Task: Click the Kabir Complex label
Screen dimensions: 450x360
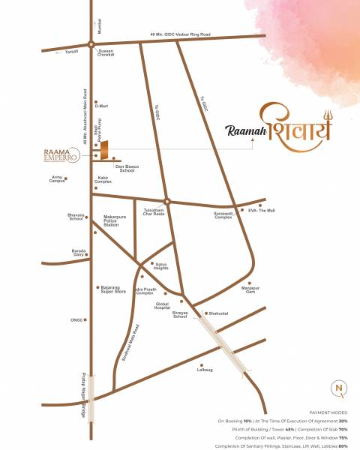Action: tap(103, 181)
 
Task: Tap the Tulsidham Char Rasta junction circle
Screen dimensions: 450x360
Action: tap(167, 201)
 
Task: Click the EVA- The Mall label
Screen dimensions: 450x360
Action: tap(261, 211)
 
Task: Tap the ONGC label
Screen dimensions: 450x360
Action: tap(76, 320)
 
